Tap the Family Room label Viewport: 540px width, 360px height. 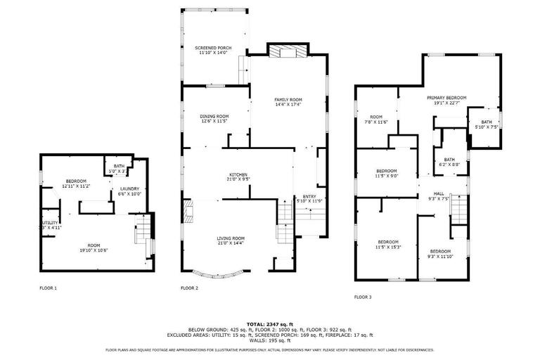288,103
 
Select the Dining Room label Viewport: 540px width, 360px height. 214,119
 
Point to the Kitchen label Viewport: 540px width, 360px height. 238,176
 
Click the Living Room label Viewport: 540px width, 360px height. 231,241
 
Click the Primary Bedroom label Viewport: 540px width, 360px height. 446,101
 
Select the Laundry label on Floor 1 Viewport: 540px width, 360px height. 129,191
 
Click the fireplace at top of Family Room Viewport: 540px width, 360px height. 286,51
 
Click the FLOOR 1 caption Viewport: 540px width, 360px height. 48,288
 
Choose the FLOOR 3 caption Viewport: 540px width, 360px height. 363,297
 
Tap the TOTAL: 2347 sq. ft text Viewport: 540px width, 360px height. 270,324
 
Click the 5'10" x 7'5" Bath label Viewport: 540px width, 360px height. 487,124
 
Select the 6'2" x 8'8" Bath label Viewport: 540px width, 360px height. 449,162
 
